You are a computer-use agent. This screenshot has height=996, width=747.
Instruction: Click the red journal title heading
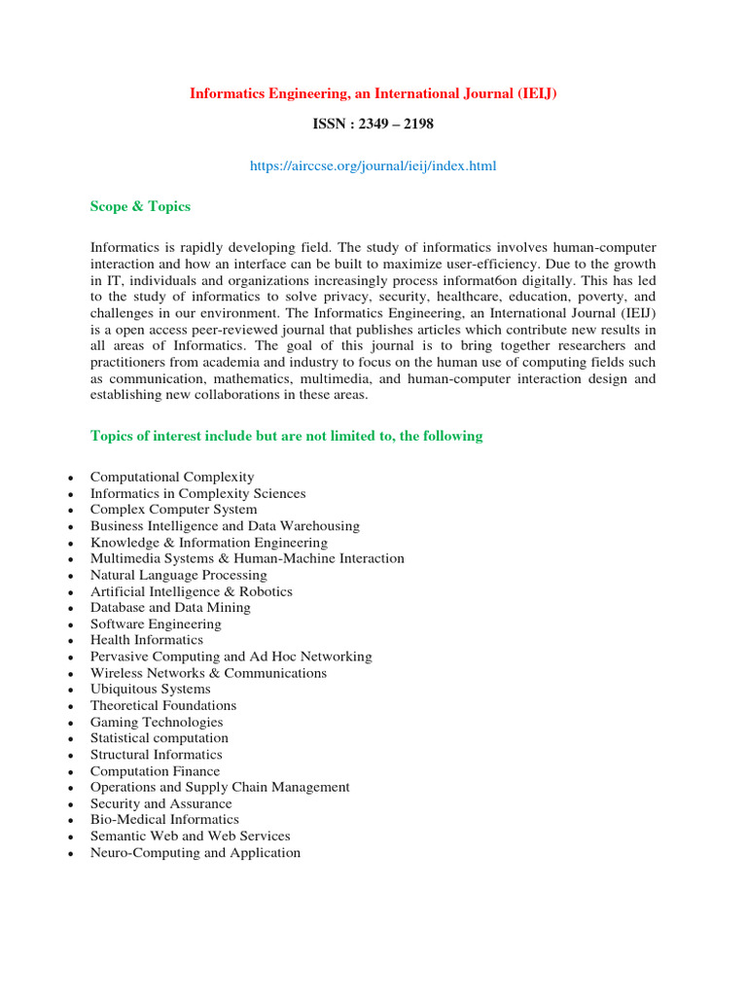point(373,93)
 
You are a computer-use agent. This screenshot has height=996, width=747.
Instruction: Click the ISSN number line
point(373,124)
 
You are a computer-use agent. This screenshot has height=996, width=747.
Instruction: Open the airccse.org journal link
point(373,166)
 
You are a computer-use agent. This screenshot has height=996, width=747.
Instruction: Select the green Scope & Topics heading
point(140,206)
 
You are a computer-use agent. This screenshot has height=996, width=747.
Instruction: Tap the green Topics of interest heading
point(286,436)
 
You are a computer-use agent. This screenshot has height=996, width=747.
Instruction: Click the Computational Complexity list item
point(172,477)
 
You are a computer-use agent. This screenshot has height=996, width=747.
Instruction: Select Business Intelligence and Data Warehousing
point(225,526)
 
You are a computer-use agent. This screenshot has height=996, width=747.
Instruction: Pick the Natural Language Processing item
point(178,575)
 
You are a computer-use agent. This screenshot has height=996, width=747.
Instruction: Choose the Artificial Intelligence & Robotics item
point(191,591)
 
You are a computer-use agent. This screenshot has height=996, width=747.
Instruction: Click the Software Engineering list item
point(156,624)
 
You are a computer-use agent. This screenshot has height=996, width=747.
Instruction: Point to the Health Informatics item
point(147,640)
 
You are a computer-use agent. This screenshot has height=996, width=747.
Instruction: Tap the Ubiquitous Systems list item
point(150,689)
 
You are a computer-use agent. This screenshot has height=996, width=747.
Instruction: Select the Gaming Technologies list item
point(157,722)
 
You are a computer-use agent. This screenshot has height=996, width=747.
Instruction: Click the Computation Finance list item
point(155,771)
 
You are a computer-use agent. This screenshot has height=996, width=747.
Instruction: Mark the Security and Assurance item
point(160,803)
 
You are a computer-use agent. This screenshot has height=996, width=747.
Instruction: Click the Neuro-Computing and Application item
point(196,853)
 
